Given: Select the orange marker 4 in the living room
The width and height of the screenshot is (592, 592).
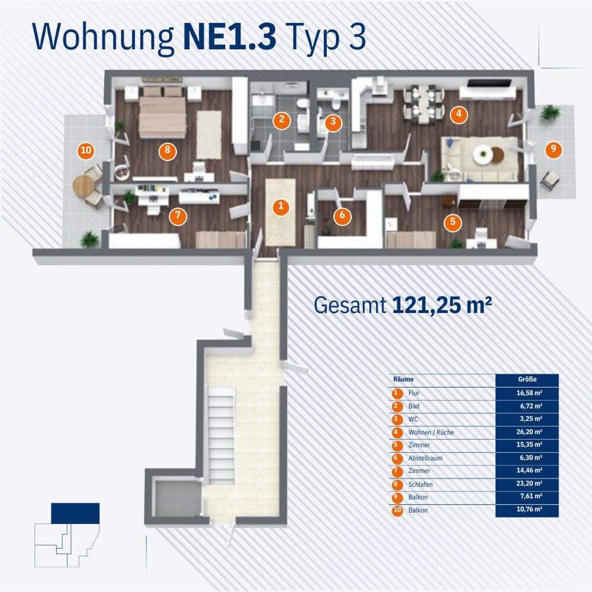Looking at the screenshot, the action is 458,114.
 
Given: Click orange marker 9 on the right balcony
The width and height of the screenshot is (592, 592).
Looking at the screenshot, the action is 553,149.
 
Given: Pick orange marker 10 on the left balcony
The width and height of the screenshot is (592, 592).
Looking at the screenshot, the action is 86,150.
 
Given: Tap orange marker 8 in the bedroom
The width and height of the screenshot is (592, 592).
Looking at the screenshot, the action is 168,150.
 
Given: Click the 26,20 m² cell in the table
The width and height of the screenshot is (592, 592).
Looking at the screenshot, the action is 526,432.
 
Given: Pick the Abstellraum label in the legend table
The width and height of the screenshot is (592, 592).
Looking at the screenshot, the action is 425,458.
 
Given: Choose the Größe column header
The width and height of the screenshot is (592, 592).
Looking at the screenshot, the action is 526,379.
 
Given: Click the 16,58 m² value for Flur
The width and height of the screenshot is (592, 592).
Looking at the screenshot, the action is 526,393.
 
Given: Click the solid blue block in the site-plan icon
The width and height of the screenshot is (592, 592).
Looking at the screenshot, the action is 75,513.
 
